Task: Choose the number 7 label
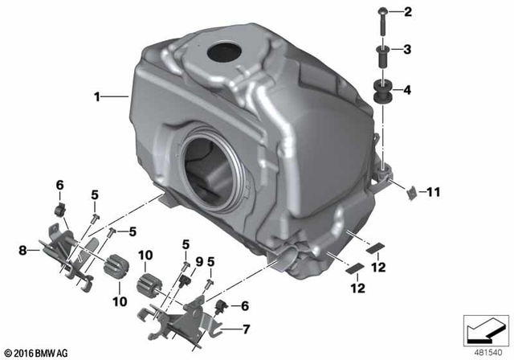pyautogui.click(x=247, y=328)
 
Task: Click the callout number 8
pyautogui.click(x=23, y=250)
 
